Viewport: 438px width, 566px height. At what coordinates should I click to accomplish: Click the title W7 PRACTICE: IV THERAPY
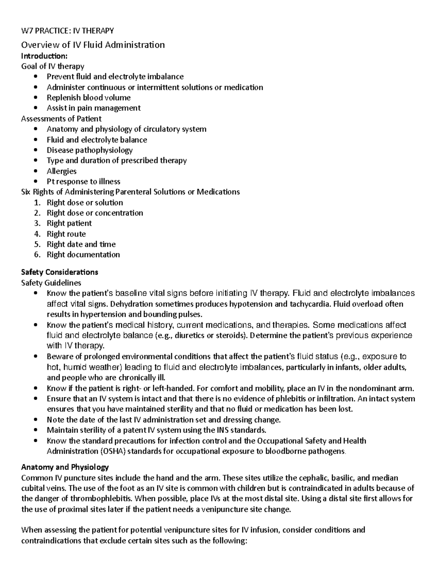click(68, 31)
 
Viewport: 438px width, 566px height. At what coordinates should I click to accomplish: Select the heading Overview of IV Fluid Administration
click(93, 45)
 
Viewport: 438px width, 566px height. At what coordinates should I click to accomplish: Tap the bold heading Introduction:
click(44, 56)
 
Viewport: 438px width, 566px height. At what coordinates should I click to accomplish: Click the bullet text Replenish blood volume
click(89, 98)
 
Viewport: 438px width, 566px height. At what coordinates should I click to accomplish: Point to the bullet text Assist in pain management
click(93, 108)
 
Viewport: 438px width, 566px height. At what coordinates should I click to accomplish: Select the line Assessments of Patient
click(61, 119)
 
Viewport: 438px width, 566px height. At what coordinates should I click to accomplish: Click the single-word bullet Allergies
click(62, 171)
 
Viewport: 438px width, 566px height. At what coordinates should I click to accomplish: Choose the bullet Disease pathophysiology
click(90, 150)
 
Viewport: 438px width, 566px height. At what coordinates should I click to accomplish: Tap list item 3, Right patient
click(69, 223)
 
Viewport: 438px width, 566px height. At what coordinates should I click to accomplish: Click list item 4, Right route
click(66, 234)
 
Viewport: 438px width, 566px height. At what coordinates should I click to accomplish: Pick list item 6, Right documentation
click(83, 255)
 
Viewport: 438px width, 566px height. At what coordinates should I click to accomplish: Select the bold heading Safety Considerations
click(59, 272)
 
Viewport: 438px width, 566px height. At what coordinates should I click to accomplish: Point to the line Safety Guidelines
click(51, 283)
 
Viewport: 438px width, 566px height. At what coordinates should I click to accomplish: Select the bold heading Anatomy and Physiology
click(65, 467)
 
